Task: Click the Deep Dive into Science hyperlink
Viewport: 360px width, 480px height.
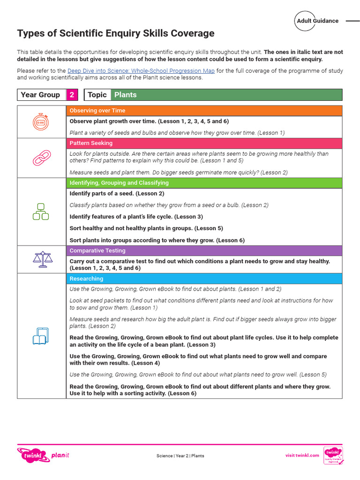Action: click(141, 71)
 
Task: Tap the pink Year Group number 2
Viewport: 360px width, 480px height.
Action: click(72, 95)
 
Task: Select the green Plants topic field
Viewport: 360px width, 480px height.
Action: click(226, 95)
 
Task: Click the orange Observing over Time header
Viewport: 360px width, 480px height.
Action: click(204, 111)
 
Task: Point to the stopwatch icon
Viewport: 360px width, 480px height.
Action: click(41, 122)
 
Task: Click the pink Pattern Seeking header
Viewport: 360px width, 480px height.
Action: click(204, 143)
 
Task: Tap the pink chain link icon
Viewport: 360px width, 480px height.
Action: click(41, 157)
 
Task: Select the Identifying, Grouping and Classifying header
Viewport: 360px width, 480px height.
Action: click(204, 183)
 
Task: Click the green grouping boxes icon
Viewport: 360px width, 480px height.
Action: click(41, 211)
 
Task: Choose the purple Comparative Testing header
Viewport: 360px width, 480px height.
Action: click(204, 251)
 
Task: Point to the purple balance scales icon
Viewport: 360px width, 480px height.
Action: click(41, 259)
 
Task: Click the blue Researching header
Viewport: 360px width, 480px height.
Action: click(204, 278)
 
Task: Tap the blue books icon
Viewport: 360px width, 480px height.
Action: click(41, 336)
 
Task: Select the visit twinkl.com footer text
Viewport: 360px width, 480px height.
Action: click(302, 455)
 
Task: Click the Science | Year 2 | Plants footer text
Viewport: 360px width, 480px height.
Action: click(180, 456)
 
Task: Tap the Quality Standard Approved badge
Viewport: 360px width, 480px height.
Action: click(333, 455)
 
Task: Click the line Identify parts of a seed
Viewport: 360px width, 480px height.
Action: click(117, 194)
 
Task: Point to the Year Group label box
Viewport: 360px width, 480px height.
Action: click(41, 95)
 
